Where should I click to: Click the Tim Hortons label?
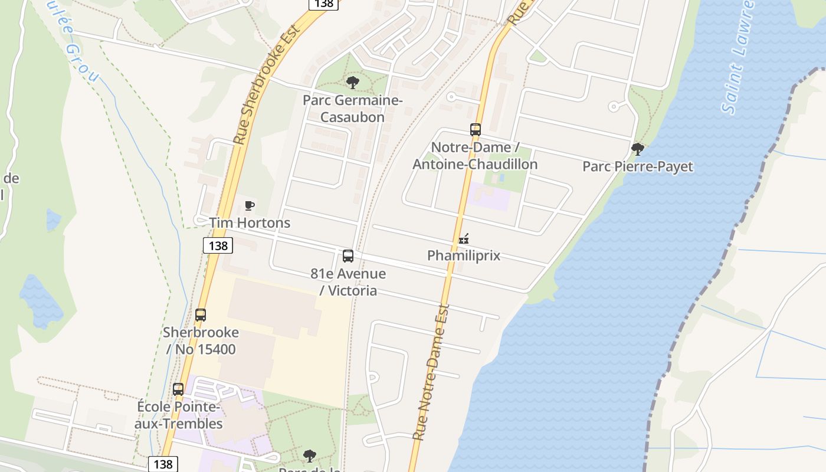(x=250, y=223)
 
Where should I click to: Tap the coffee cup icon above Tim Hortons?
(x=250, y=206)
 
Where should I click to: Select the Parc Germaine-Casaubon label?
(x=353, y=109)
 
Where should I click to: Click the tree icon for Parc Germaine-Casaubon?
(x=353, y=83)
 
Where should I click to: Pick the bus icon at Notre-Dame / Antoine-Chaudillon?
(x=476, y=130)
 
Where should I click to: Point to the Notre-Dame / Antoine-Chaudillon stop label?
(x=475, y=156)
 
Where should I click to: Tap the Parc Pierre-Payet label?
(x=638, y=167)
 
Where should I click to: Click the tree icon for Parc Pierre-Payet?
(x=637, y=149)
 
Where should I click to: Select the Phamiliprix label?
(x=464, y=255)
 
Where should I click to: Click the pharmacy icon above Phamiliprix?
(x=464, y=239)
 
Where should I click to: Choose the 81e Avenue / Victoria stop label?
(x=348, y=282)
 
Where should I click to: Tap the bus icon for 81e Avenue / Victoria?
(x=348, y=256)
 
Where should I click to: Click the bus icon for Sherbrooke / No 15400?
(x=201, y=315)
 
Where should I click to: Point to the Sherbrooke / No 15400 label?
(x=201, y=340)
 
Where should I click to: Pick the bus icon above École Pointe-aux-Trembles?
(x=178, y=389)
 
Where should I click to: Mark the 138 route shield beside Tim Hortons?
(x=218, y=245)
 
